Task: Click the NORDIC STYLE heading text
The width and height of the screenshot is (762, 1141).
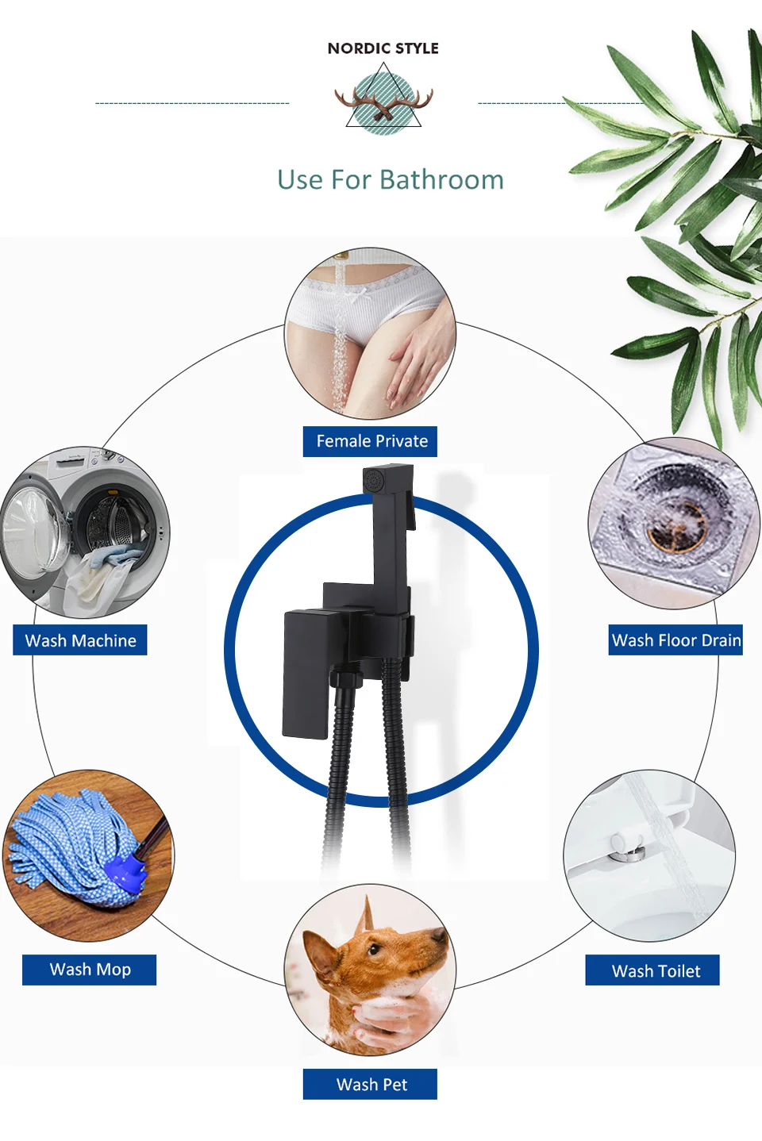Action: pos(383,48)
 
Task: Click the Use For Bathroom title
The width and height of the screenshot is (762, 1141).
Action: pos(390,180)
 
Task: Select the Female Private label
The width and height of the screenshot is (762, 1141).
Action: pos(371,441)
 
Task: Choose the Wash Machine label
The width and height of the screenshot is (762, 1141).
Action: pos(80,640)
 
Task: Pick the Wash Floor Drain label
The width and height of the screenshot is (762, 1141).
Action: pos(675,640)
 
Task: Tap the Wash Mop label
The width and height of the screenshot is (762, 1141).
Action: pos(90,970)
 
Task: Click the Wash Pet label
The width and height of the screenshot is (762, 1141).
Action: pos(371,1085)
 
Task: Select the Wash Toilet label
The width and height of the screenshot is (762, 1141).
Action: pos(655,971)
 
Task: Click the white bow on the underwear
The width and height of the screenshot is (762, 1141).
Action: pos(361,296)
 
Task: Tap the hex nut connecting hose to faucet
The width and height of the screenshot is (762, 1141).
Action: pos(344,680)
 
